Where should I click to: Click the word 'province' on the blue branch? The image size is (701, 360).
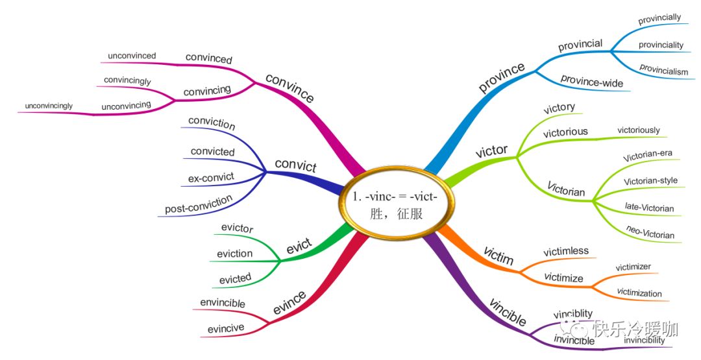point(501,77)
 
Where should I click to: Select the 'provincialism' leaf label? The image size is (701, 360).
point(663,70)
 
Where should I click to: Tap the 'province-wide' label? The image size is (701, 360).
point(591,83)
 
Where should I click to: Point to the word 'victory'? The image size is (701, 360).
point(559,108)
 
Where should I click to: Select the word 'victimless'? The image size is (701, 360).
point(565,251)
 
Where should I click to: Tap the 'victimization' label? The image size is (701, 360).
point(639,293)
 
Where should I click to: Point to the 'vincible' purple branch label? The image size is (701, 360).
point(507,313)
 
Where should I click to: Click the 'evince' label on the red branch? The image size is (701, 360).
point(289,304)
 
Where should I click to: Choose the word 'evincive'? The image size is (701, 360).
point(226,328)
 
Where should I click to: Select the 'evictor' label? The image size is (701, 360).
point(237,228)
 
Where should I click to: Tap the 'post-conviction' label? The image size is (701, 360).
point(199,205)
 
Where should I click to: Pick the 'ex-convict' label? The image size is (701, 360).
point(212,176)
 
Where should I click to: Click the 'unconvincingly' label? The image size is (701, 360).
point(49,105)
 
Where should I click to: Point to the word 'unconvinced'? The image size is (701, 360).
point(132,56)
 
